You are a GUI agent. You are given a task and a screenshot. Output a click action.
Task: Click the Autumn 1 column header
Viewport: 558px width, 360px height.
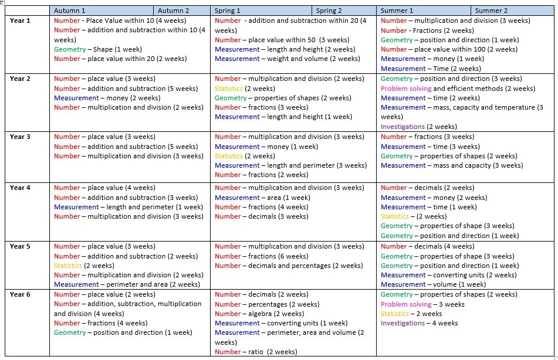[x=69, y=11]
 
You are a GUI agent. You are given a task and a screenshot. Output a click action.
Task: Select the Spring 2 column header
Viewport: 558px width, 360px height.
[x=329, y=11]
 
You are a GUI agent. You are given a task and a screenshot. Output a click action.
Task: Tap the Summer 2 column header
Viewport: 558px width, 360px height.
[x=491, y=11]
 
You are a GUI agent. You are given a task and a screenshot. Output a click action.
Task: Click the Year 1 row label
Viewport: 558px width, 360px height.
[x=20, y=21]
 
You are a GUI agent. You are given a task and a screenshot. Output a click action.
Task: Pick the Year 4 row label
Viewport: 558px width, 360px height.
[x=20, y=188]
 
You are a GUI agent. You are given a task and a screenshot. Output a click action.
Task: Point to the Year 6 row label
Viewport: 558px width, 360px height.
[x=20, y=294]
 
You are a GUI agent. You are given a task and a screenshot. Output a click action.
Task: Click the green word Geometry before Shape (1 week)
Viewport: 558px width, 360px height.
[x=70, y=49]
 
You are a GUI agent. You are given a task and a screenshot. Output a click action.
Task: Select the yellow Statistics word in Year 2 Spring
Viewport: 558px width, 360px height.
[x=228, y=89]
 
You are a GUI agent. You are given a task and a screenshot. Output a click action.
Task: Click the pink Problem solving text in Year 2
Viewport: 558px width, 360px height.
[x=406, y=89]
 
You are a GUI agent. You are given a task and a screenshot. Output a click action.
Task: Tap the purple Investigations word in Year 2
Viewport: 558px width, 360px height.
[x=403, y=127]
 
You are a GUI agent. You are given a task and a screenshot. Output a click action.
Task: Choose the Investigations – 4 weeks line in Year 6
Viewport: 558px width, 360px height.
[x=419, y=324]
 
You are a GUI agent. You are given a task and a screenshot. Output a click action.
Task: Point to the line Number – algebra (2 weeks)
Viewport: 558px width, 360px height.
[x=259, y=314]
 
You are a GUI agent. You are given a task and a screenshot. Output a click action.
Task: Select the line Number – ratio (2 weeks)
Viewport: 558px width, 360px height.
[x=256, y=352]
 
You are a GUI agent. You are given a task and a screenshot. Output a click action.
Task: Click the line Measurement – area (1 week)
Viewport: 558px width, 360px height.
[x=263, y=198]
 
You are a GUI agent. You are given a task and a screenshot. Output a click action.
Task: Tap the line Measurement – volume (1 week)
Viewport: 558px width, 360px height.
[x=433, y=284]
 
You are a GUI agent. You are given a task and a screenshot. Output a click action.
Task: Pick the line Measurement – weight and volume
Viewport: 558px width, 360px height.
[x=288, y=59]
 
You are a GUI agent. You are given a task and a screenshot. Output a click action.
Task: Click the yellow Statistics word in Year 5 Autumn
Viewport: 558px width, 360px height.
[x=67, y=266]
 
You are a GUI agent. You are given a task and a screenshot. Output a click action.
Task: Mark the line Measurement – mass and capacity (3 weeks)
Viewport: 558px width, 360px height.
[x=452, y=165]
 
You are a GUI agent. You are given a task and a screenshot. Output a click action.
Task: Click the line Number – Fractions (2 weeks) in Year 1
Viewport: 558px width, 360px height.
[x=427, y=30]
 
